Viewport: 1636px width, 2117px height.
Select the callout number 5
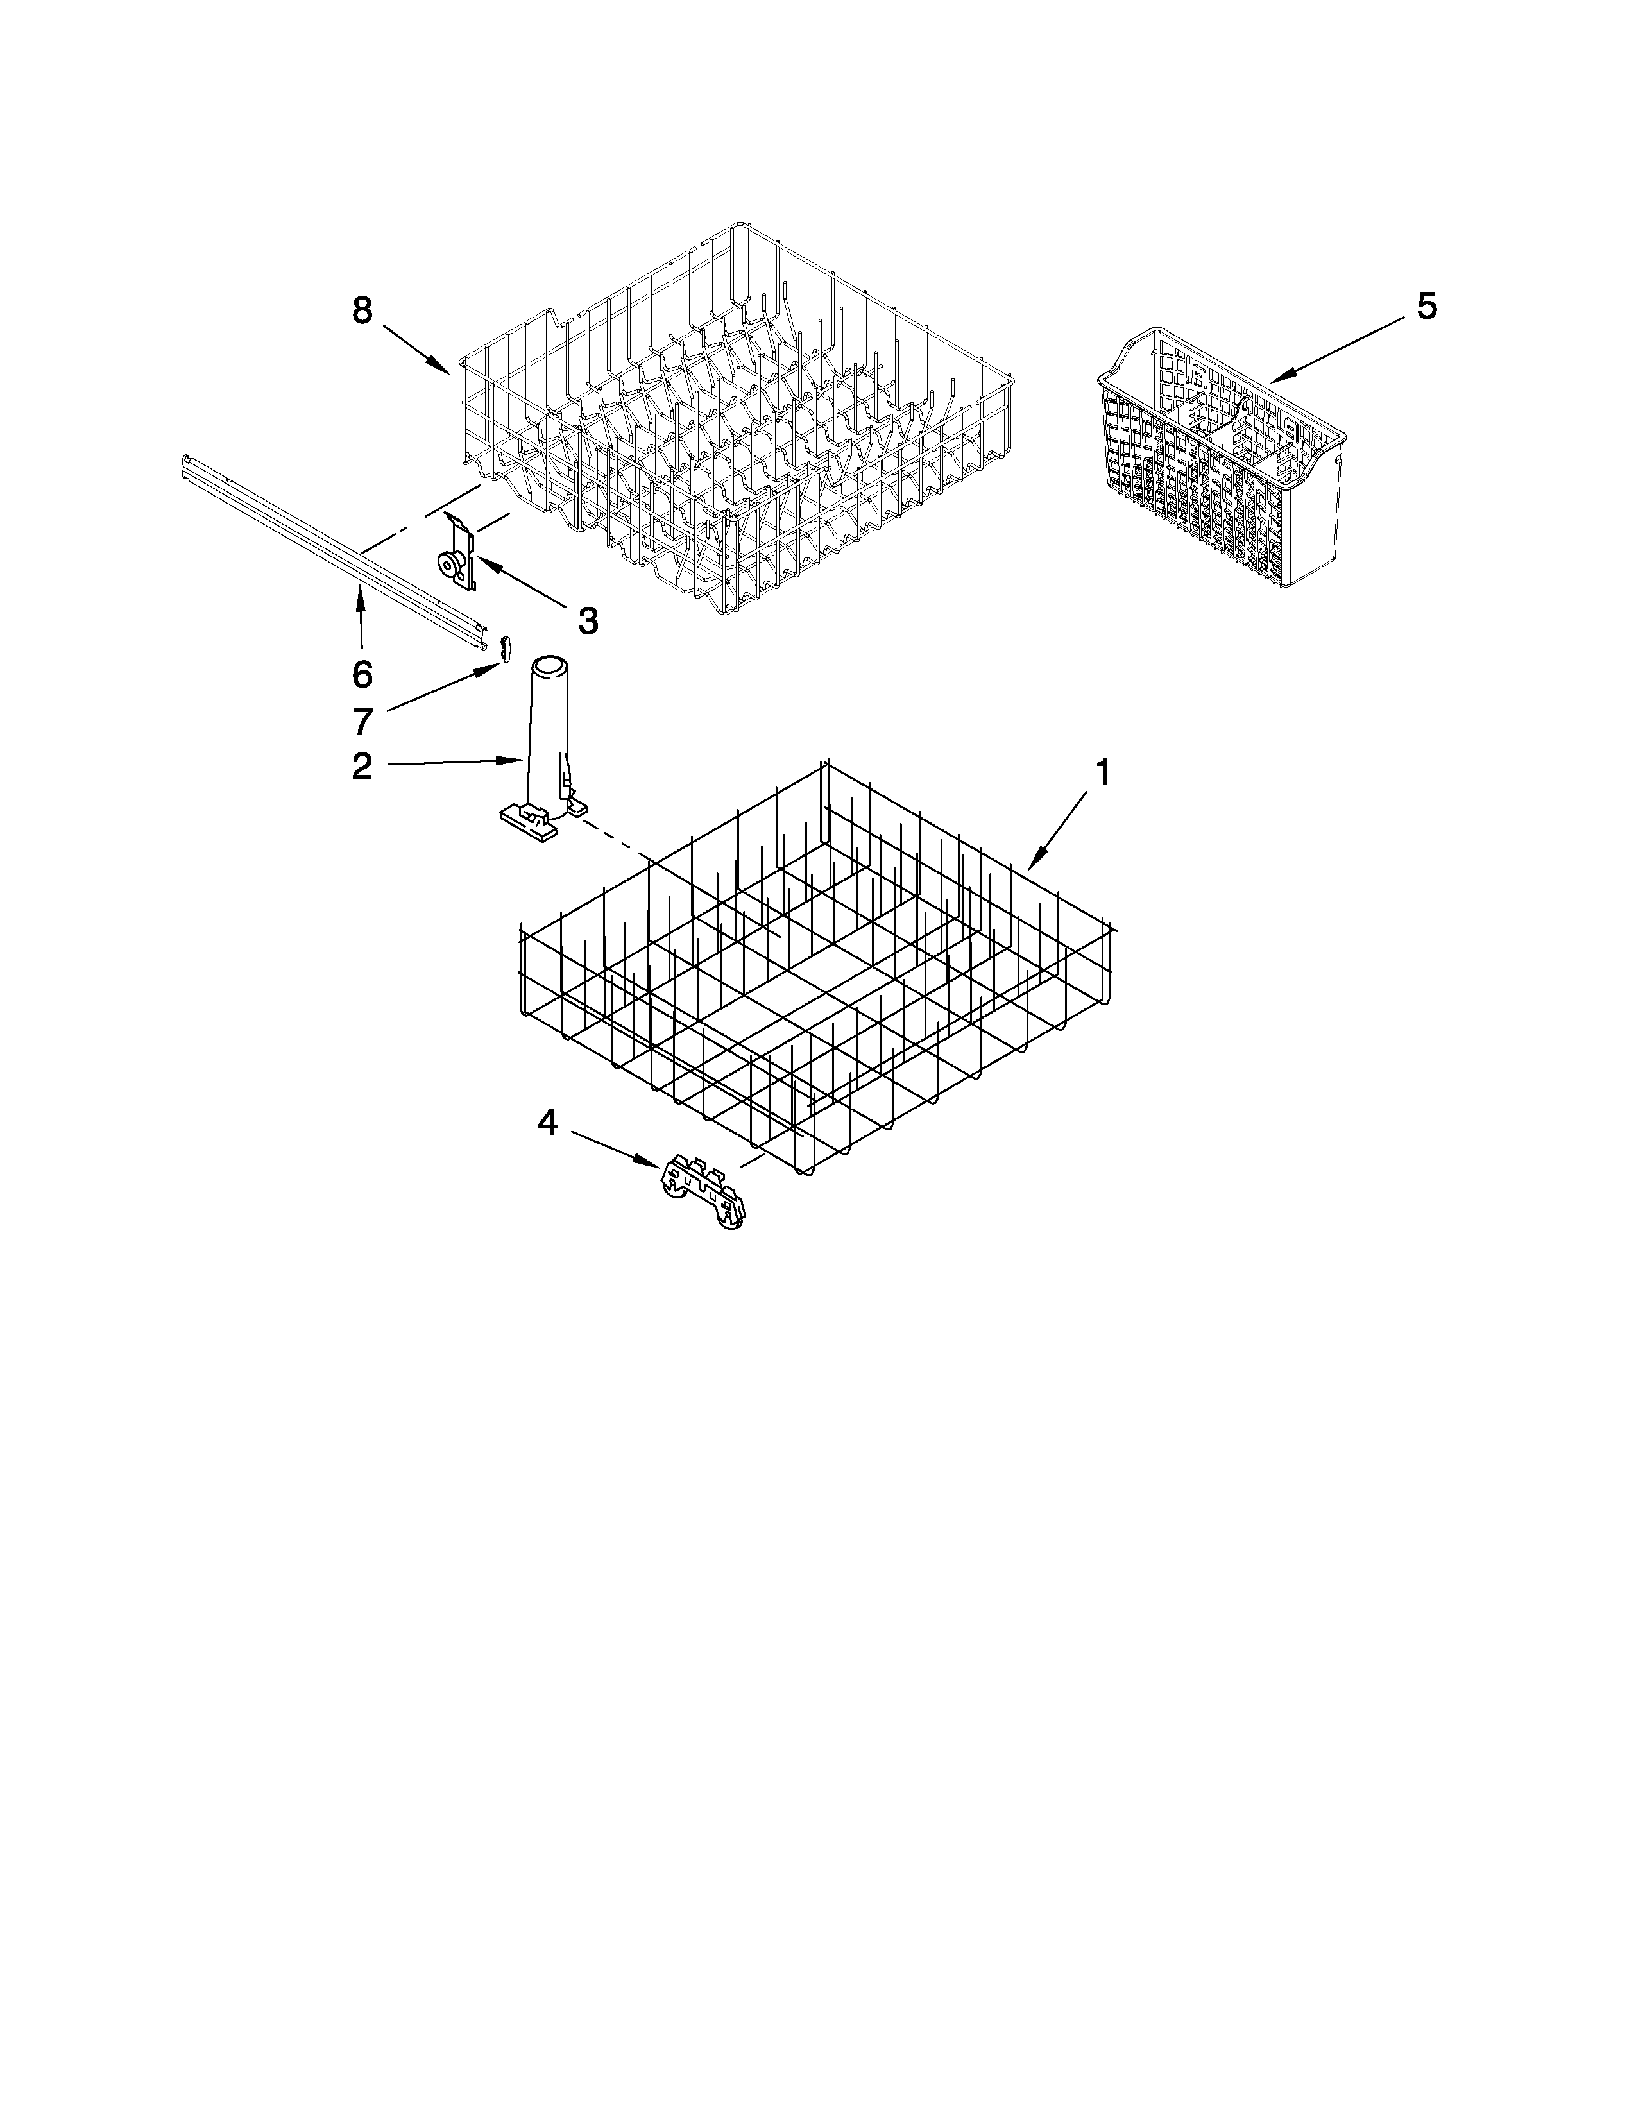(x=1427, y=306)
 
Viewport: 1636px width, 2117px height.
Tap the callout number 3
(x=587, y=620)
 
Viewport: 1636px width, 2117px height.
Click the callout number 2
(x=361, y=767)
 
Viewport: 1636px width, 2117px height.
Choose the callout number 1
(x=1102, y=772)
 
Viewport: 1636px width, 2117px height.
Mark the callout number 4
(x=548, y=1123)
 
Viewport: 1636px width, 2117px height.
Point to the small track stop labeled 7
(x=504, y=647)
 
